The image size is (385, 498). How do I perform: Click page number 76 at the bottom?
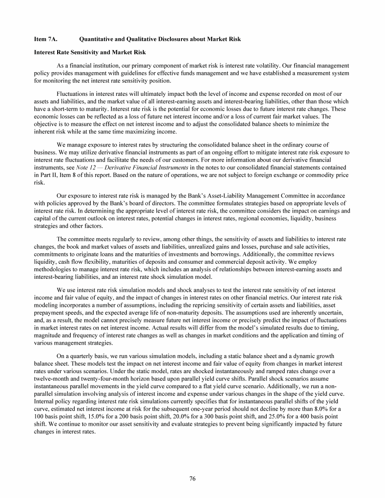coord(192,478)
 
